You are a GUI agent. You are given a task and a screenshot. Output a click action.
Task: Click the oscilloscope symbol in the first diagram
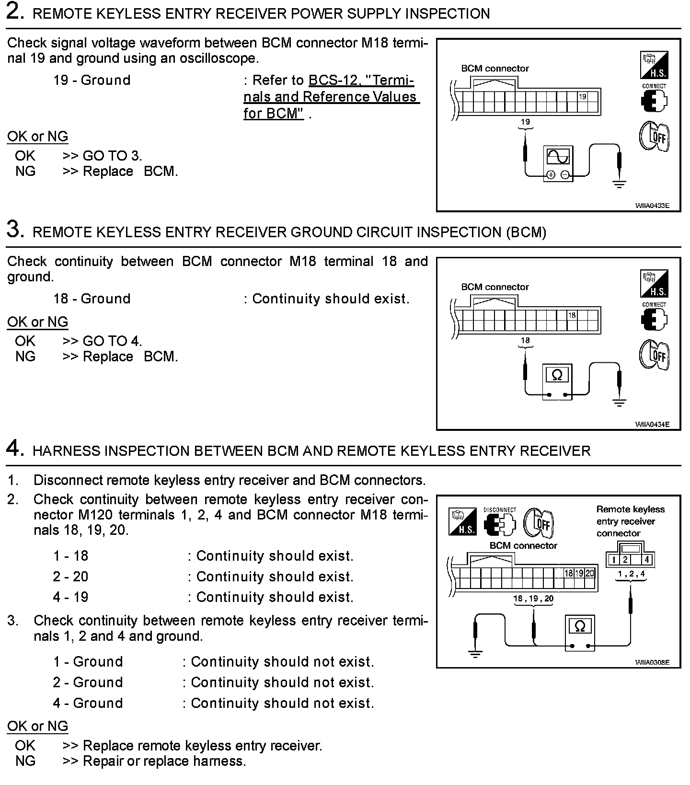coord(558,163)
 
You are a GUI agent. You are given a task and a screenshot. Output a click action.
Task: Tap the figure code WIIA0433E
coord(652,206)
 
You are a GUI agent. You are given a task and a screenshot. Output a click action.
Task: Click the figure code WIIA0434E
coord(652,424)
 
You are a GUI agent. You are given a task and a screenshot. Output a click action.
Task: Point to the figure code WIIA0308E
coord(652,662)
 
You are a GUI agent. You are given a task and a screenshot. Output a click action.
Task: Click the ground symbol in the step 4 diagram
coord(475,654)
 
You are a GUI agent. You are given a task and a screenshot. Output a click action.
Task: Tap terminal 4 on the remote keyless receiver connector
coord(646,559)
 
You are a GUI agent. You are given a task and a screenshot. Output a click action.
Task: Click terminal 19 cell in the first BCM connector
coord(582,97)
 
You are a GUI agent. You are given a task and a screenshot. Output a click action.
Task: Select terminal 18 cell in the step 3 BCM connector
coord(572,315)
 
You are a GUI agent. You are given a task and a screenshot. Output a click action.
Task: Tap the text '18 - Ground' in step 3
coord(92,299)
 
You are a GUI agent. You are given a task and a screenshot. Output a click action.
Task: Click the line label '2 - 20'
coord(70,577)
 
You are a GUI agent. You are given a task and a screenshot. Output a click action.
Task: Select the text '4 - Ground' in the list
coord(88,703)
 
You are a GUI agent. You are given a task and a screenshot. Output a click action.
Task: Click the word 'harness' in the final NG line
coord(218,761)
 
